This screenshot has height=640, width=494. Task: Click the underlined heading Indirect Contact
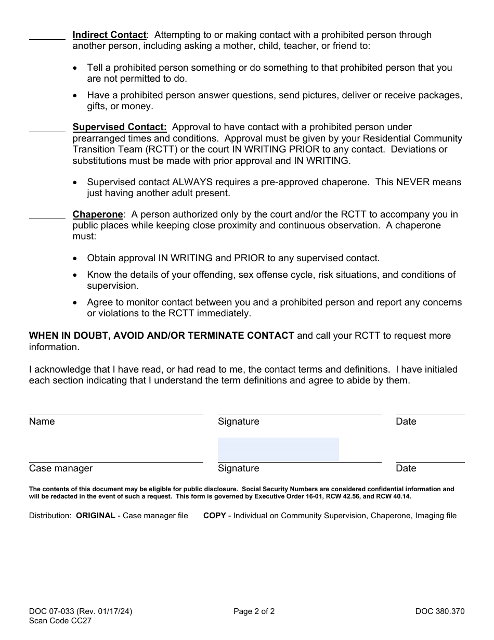[110, 35]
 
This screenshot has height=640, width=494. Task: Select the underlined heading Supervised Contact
[120, 127]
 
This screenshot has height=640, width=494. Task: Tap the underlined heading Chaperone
[98, 214]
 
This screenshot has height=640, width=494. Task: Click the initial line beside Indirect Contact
[47, 39]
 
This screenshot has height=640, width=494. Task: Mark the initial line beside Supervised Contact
[47, 131]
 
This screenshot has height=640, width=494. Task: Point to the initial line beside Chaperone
[47, 218]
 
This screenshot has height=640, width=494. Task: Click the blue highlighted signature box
[278, 449]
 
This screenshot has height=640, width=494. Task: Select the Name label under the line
[42, 421]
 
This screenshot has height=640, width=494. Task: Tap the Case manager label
[61, 468]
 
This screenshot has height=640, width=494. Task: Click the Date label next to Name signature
[406, 421]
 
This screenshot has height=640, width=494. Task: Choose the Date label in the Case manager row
[406, 468]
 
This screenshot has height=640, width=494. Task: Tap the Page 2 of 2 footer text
[254, 611]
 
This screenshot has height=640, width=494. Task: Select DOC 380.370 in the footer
[439, 611]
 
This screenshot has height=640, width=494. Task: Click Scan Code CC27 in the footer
[60, 620]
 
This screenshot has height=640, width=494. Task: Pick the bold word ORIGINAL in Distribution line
[96, 516]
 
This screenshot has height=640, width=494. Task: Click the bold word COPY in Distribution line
[214, 516]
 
